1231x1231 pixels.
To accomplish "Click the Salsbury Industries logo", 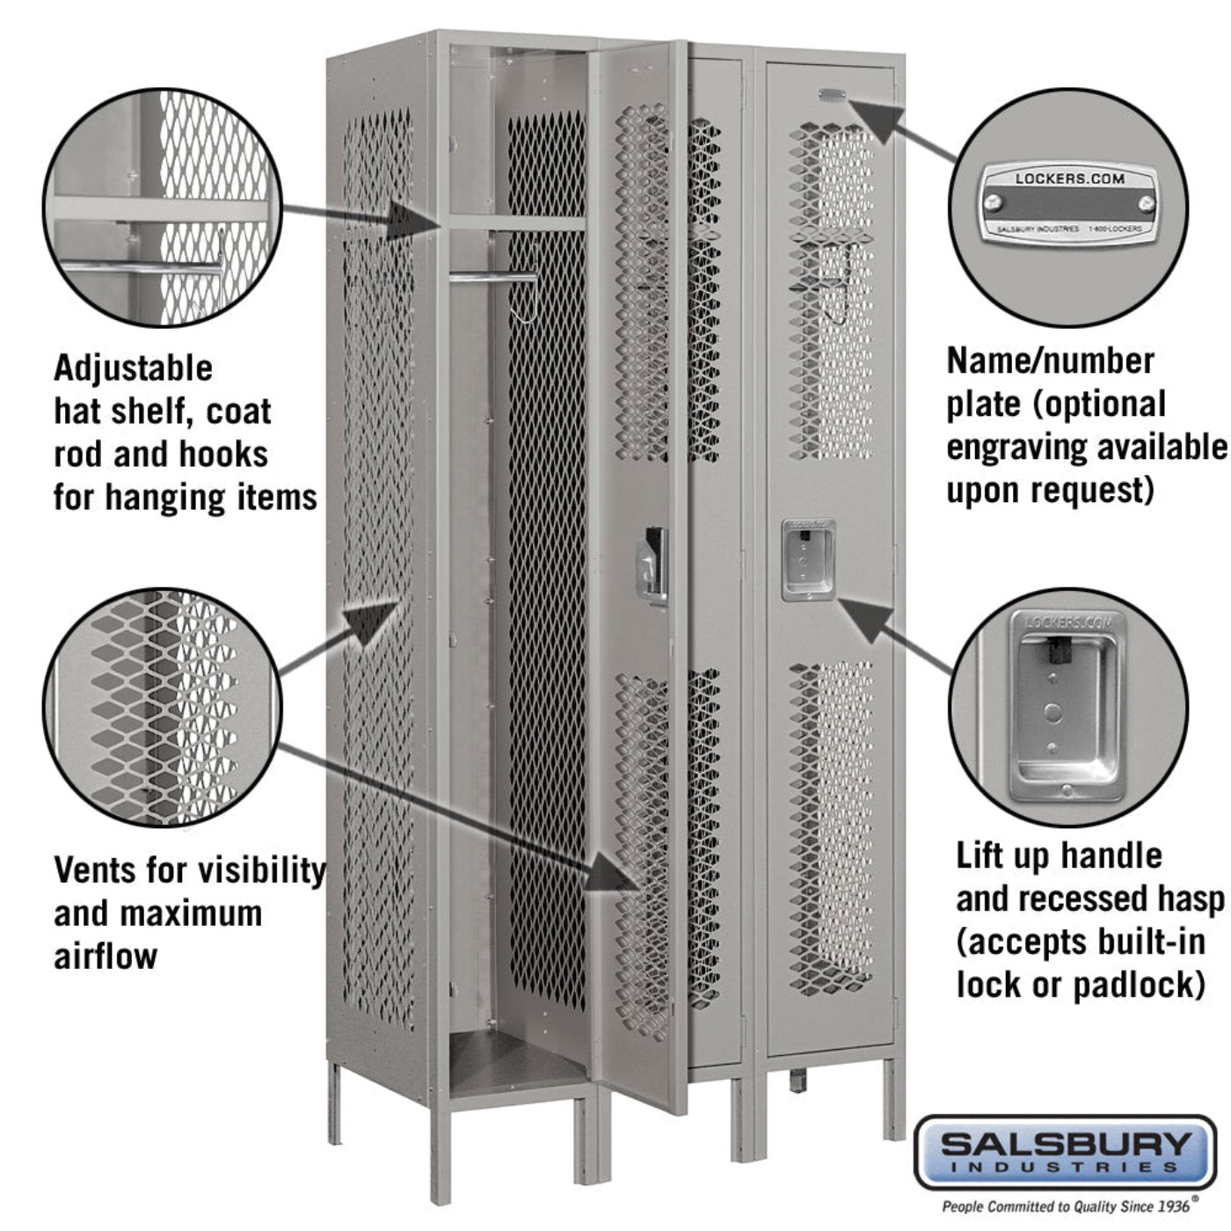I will [x=1065, y=1152].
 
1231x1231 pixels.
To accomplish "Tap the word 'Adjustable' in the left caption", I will [x=133, y=368].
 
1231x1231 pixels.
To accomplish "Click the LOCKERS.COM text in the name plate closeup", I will [x=1069, y=178].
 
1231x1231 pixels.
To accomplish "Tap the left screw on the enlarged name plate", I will [x=994, y=203].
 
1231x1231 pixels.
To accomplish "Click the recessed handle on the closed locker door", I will [x=807, y=560].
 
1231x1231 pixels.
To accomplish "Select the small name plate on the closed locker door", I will [x=831, y=93].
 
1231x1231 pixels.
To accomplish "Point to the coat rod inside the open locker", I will [x=492, y=278].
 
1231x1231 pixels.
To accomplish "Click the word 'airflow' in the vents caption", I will [x=106, y=957].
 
